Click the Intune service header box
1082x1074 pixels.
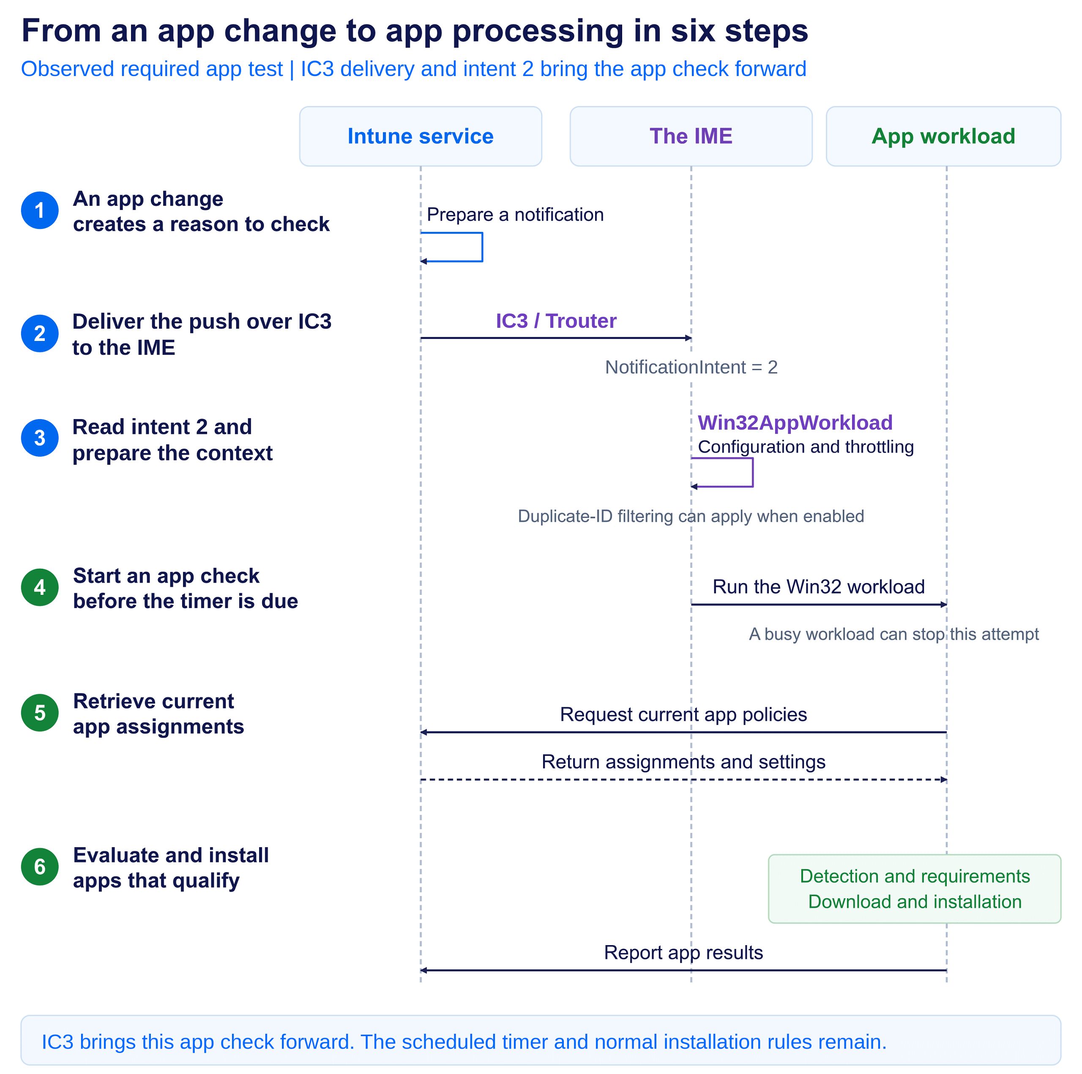(421, 136)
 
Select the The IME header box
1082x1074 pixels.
(691, 136)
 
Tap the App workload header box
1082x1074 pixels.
(944, 136)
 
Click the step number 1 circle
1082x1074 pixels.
(40, 210)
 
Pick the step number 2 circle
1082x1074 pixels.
(40, 334)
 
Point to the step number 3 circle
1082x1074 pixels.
(40, 438)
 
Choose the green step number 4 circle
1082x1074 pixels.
(40, 587)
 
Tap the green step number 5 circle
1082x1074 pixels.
(40, 713)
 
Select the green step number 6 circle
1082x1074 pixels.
(40, 867)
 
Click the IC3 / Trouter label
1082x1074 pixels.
(556, 321)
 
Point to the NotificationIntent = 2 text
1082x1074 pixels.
(691, 367)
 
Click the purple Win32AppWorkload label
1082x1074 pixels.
(795, 423)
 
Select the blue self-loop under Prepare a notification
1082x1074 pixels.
(482, 247)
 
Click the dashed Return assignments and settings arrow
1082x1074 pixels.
(684, 780)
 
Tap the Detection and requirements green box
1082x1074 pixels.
(915, 889)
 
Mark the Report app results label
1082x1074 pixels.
(683, 952)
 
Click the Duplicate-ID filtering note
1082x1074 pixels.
(691, 516)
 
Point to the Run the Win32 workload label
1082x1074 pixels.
(818, 587)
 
